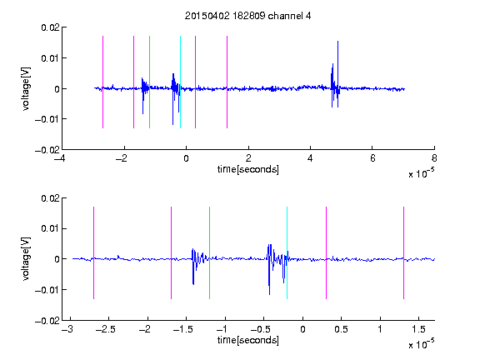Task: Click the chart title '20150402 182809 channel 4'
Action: coord(247,16)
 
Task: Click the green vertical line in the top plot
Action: coord(149,82)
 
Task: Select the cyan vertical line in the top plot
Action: coord(180,82)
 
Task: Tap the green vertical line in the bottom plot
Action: coord(209,252)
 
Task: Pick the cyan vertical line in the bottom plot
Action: coord(287,252)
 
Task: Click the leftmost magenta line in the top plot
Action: coord(102,82)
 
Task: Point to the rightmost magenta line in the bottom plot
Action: coord(403,252)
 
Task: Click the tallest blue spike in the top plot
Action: coord(337,74)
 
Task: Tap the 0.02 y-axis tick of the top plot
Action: coord(51,27)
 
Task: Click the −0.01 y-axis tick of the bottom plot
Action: coord(47,290)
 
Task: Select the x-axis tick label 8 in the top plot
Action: coord(434,158)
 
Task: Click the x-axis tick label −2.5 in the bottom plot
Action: coord(106,329)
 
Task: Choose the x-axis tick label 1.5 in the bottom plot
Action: coord(418,329)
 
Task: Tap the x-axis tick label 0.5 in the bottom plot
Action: coord(341,329)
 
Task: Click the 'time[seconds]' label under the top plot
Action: coord(248,169)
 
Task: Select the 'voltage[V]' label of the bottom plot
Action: coord(27,259)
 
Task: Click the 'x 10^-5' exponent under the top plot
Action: coord(421,173)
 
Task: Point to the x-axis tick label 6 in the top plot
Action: coord(372,158)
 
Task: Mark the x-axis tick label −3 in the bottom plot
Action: coord(67,329)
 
